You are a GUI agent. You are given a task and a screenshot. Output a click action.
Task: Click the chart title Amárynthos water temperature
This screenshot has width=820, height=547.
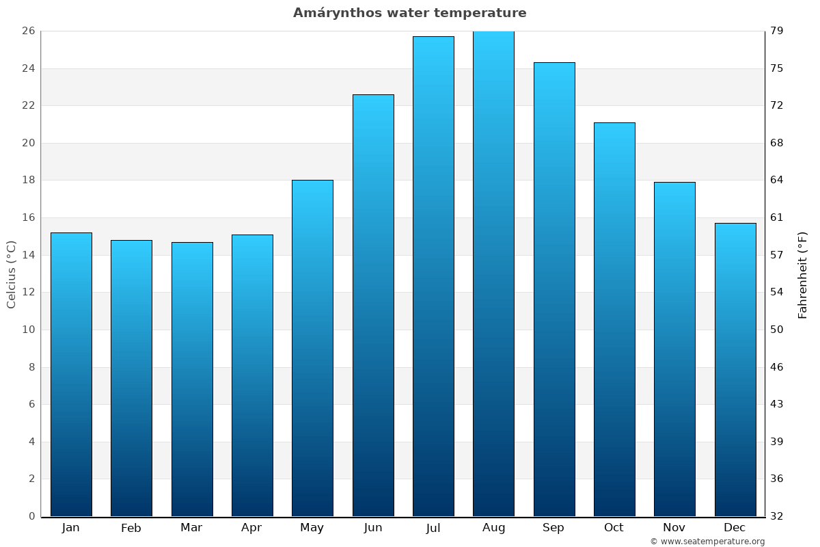pos(410,13)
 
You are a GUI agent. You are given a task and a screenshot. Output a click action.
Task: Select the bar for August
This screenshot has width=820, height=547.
pos(493,273)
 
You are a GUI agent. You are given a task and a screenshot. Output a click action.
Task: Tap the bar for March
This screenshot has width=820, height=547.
pos(192,379)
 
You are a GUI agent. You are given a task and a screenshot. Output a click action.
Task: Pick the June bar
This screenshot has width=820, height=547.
pos(373,306)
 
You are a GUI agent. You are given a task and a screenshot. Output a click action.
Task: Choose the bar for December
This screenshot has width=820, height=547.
pos(735,370)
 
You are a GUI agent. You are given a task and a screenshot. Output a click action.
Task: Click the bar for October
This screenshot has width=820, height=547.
pos(614,319)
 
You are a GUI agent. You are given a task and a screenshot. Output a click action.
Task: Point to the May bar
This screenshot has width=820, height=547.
pos(312,348)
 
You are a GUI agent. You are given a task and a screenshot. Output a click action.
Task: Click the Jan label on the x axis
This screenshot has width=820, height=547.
pos(71,528)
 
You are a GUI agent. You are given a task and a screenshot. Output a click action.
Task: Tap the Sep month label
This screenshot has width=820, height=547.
pos(553,528)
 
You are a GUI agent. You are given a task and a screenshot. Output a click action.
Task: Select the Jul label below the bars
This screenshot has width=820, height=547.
pos(433,528)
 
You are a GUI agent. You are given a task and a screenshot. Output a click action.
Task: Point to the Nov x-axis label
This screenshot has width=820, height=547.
pos(674,528)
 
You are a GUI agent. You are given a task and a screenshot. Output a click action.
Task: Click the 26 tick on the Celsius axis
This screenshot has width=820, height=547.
pos(28,31)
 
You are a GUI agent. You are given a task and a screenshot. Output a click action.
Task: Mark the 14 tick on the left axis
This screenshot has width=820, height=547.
pos(28,255)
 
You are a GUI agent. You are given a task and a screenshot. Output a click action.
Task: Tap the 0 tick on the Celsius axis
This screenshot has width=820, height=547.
pos(31,516)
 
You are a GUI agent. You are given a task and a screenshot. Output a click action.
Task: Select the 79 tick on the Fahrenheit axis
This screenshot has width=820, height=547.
pos(778,31)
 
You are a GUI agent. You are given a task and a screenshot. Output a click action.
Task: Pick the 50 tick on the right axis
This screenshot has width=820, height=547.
pos(778,330)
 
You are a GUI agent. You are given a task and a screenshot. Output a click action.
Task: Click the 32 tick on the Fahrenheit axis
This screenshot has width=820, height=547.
pos(778,516)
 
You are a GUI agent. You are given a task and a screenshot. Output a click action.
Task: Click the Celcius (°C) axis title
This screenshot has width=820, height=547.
pos(12,274)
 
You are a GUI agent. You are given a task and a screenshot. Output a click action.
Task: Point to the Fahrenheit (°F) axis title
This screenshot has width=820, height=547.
pos(803,274)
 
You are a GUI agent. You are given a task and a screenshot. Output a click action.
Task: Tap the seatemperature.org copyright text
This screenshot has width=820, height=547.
pos(707,542)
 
